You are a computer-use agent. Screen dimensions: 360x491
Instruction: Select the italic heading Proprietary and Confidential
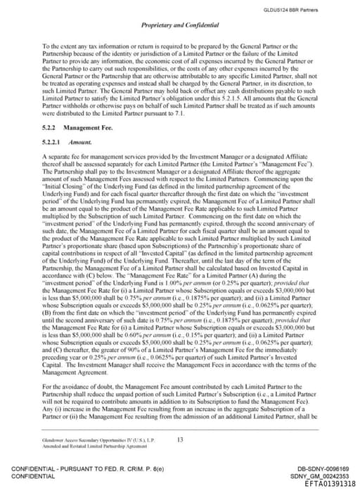click(x=180, y=25)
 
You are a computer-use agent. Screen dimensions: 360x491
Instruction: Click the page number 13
click(x=180, y=439)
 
